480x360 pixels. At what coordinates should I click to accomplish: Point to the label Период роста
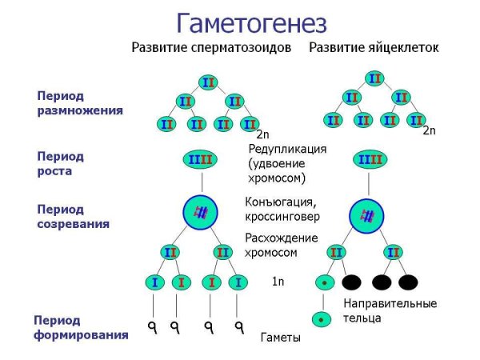(x=60, y=163)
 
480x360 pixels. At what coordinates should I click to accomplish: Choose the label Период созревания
(x=73, y=217)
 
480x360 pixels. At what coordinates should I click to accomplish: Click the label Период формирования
(x=81, y=328)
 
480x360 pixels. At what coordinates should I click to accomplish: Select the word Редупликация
(x=287, y=150)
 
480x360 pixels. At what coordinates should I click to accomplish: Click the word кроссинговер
(x=282, y=217)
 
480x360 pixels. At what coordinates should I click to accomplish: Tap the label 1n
(x=278, y=282)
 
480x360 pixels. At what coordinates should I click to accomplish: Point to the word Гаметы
(x=281, y=338)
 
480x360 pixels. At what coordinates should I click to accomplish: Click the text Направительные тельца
(x=390, y=310)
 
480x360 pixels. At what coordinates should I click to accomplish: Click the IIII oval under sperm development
(x=200, y=161)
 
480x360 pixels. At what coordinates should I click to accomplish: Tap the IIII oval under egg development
(x=369, y=161)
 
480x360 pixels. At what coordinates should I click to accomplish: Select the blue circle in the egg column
(x=368, y=216)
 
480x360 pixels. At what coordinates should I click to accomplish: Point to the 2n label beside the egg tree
(x=429, y=130)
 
